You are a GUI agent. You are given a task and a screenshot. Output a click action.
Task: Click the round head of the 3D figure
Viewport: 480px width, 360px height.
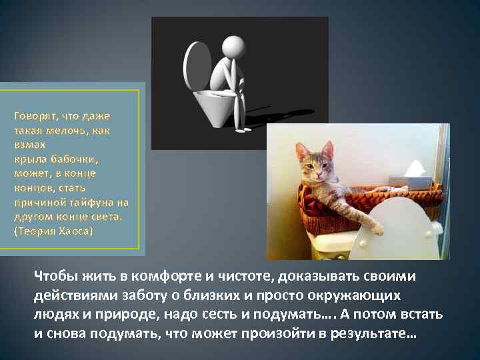(x=232, y=47)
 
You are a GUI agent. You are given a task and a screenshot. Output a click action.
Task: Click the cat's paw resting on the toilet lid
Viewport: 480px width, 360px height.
(x=377, y=229)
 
